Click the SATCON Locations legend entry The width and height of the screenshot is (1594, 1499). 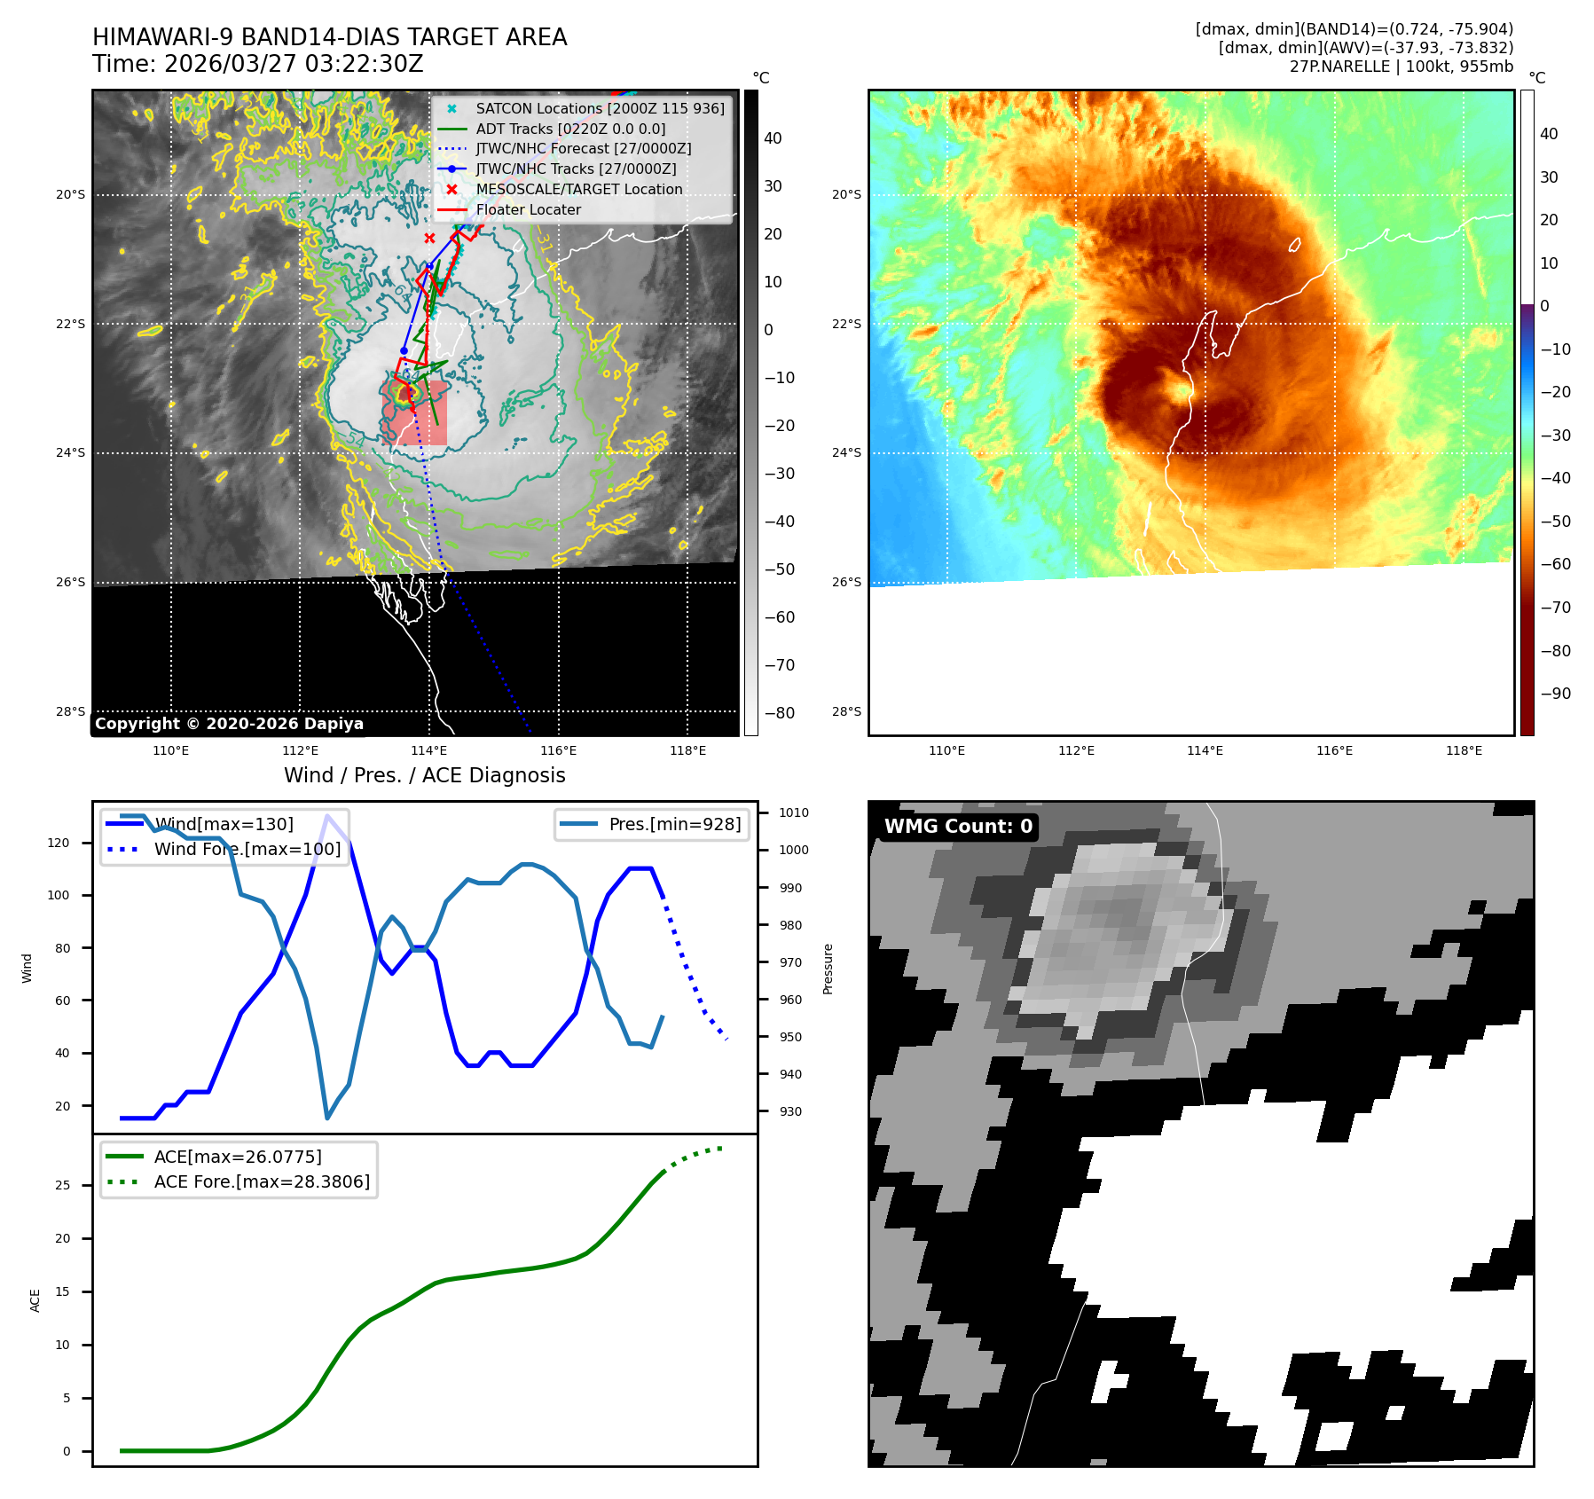(x=600, y=108)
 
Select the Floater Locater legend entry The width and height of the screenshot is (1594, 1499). (x=528, y=209)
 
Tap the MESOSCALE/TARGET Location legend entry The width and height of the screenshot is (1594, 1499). (x=578, y=189)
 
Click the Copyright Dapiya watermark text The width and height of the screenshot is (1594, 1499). (x=229, y=724)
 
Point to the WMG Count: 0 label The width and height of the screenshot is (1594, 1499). (x=958, y=826)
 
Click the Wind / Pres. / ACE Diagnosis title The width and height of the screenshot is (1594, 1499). (x=424, y=775)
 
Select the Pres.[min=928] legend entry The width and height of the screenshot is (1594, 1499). (x=674, y=824)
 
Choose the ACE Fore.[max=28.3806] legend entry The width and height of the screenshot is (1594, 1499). (x=262, y=1181)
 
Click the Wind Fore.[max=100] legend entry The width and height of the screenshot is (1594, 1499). (x=247, y=849)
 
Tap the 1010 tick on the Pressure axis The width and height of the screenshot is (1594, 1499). (x=793, y=812)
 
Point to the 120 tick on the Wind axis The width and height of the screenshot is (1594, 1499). (x=59, y=843)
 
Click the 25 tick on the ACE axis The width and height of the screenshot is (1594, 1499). (x=62, y=1185)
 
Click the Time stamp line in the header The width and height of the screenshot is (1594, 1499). (x=257, y=64)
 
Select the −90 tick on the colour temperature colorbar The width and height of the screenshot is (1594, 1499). (x=1555, y=694)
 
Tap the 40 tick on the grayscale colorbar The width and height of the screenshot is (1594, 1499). (x=773, y=138)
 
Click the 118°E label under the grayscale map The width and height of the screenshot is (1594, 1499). (x=687, y=750)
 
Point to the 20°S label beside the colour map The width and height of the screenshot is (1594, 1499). (x=846, y=194)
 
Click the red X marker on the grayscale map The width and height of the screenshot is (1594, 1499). (x=429, y=238)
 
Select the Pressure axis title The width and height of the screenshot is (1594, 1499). (x=828, y=969)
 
